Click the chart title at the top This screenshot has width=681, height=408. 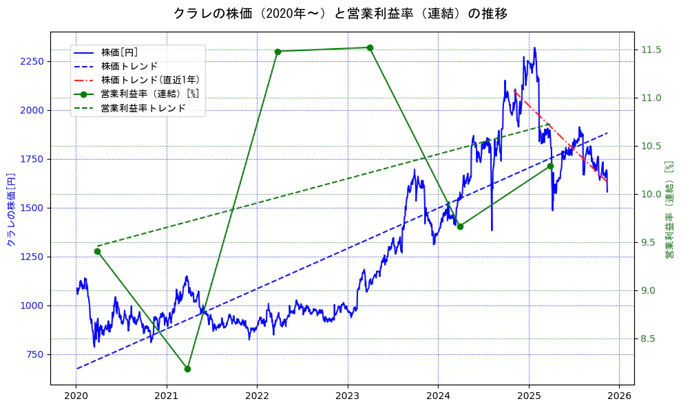(340, 14)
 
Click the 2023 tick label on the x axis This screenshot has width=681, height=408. (348, 396)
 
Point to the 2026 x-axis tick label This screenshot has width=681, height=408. (619, 396)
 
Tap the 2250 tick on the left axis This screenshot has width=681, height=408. (32, 61)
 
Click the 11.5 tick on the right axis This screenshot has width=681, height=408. (651, 50)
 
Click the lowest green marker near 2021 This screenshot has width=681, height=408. (187, 369)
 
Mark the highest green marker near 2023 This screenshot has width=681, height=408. (370, 47)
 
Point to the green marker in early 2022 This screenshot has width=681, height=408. (277, 52)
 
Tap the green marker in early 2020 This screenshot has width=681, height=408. (97, 251)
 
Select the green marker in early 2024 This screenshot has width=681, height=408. (460, 226)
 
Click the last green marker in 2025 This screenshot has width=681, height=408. (550, 166)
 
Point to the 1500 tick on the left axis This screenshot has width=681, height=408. (32, 208)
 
